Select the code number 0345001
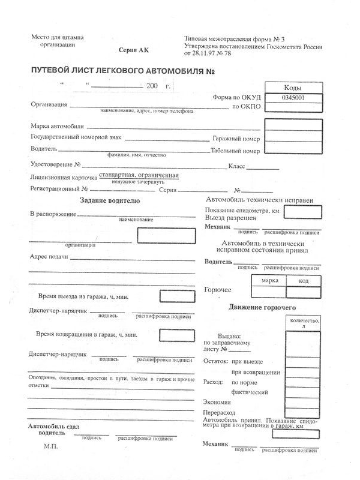coord(292,98)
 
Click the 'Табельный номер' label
coord(235,151)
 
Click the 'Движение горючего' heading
coord(262,307)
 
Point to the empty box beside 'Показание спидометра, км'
coord(301,211)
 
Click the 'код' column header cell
coord(303,281)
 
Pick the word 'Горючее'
coord(218,290)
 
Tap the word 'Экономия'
coord(217,402)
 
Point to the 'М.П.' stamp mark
coord(51,447)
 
